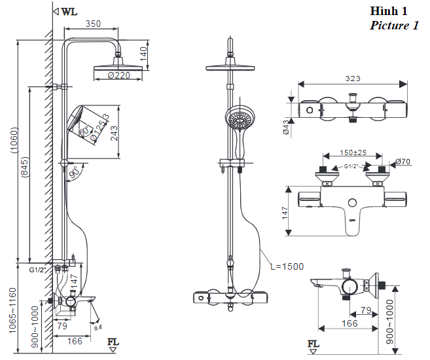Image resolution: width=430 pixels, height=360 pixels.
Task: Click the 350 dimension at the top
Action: (x=92, y=24)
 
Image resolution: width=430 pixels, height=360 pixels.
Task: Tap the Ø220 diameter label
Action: (x=119, y=76)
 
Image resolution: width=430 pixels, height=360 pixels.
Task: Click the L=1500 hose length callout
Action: (x=286, y=266)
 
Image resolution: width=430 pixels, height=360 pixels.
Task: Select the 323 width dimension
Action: (x=352, y=79)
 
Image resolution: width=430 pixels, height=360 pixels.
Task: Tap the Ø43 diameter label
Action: (x=286, y=127)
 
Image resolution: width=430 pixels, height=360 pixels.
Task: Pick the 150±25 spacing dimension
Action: (x=352, y=153)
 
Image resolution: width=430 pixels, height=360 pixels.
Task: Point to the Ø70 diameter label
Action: (x=403, y=162)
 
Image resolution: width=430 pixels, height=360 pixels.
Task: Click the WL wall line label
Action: (x=69, y=11)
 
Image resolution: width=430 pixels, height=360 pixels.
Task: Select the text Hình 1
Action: (x=389, y=11)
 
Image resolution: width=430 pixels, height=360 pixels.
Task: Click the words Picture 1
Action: (x=394, y=26)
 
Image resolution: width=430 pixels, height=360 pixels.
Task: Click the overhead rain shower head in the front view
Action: (x=230, y=67)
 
